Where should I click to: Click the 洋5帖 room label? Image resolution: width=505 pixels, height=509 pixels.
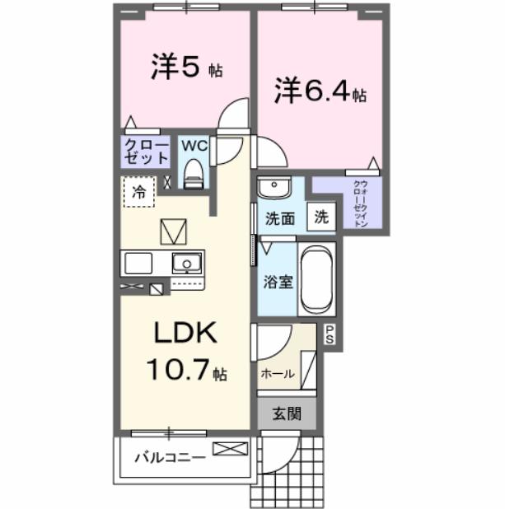(x=186, y=68)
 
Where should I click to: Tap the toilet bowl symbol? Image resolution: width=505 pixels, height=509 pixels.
(x=194, y=172)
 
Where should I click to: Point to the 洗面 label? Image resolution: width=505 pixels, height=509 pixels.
(x=279, y=219)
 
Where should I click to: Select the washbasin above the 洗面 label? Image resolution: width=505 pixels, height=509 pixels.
(x=274, y=188)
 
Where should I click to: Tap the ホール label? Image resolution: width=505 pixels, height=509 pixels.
(x=278, y=373)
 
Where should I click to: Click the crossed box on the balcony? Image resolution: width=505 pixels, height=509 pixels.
(x=229, y=450)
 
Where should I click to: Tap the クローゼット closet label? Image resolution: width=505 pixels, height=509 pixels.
(x=146, y=151)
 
